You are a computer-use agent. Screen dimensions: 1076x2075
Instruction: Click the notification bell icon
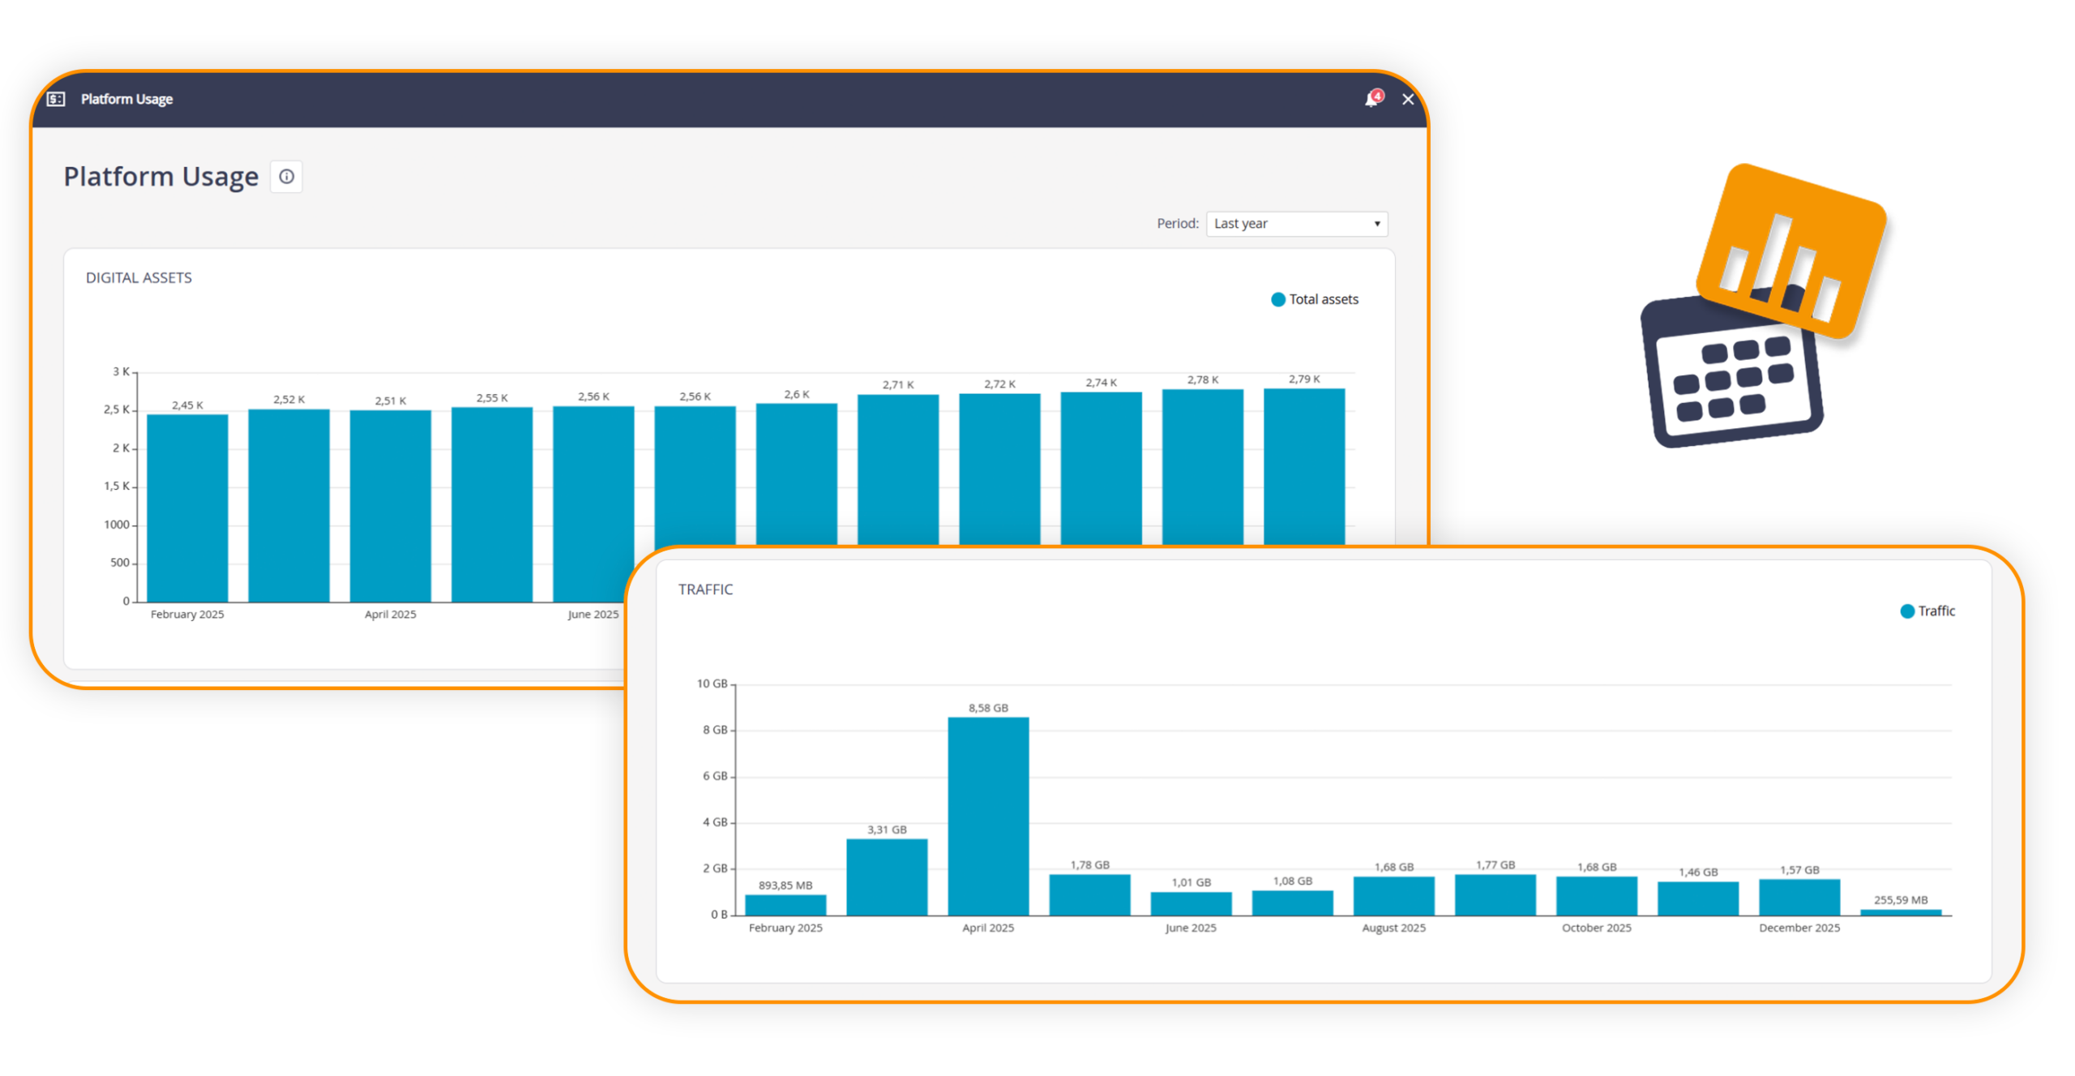tap(1371, 99)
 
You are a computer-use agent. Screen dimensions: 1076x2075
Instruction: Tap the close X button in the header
tap(1408, 99)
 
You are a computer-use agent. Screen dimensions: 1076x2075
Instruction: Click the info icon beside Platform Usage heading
tap(286, 177)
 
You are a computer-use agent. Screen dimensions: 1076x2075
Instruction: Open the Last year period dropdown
tap(1296, 224)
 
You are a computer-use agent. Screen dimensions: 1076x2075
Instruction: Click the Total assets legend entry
tap(1315, 299)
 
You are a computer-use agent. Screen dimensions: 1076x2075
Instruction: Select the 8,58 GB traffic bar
tap(988, 815)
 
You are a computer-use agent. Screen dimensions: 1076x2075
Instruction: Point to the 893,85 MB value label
tap(785, 885)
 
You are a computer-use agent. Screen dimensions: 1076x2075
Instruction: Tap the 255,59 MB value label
tap(1900, 900)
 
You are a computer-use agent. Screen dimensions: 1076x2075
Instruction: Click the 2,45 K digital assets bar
tap(187, 507)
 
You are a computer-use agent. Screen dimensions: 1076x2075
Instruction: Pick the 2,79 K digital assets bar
tap(1303, 466)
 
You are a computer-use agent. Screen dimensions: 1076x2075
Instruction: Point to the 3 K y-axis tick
tap(120, 371)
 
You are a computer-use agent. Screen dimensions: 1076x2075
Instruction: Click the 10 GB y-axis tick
tap(712, 684)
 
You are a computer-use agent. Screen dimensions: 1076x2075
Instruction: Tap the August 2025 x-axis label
tap(1393, 928)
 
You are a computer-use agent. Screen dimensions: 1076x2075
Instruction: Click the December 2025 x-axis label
tap(1799, 928)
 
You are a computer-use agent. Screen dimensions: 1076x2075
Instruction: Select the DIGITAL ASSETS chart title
tap(139, 278)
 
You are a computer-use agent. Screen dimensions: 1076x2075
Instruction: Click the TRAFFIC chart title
tap(705, 589)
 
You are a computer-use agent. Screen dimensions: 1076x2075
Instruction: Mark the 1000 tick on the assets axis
tap(117, 525)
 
